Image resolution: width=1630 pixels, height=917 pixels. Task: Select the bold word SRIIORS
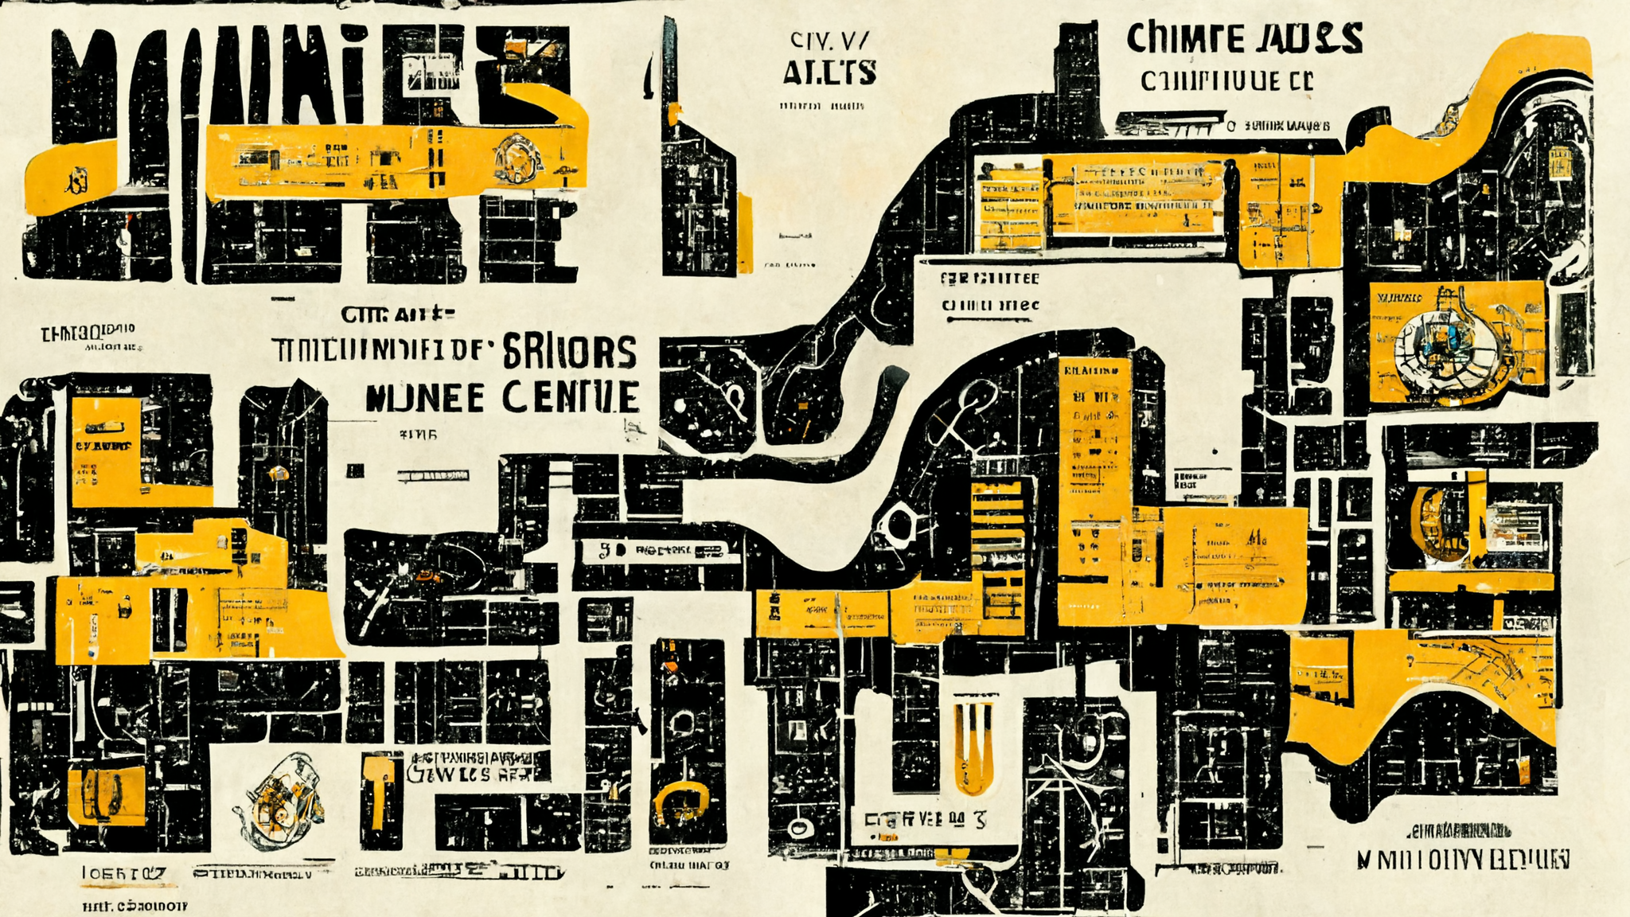(570, 351)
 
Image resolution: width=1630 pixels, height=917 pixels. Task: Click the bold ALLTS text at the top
(829, 72)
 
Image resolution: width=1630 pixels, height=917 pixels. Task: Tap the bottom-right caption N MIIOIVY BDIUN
(1463, 860)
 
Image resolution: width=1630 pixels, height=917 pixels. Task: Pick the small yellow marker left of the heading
(278, 474)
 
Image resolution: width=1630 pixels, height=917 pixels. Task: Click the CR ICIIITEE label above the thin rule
(989, 279)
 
